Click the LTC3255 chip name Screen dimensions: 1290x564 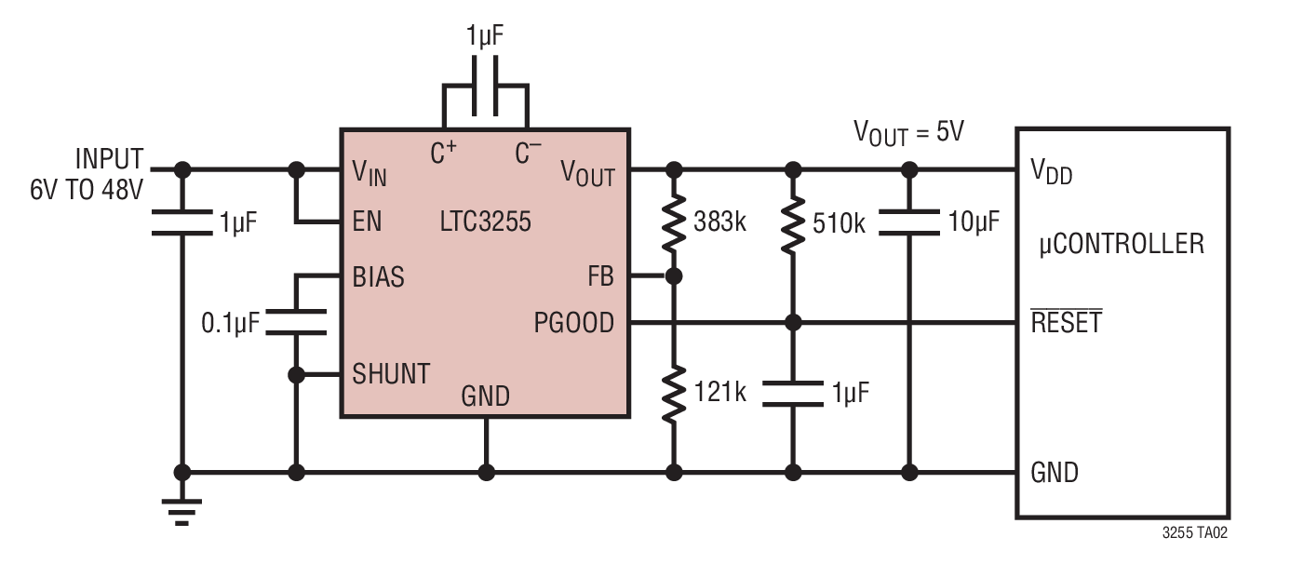click(485, 222)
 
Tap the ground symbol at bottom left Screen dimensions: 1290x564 click(182, 512)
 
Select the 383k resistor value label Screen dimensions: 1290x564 click(719, 222)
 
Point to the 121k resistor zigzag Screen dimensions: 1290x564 click(674, 394)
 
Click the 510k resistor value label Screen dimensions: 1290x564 click(839, 224)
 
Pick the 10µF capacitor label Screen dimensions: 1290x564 click(974, 222)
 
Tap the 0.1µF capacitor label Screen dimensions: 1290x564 click(231, 324)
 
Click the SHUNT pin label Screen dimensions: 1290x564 click(391, 374)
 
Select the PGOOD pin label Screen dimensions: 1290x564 click(573, 323)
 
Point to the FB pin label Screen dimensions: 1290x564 click(600, 276)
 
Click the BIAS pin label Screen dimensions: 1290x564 click(379, 277)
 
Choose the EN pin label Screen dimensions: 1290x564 click(367, 222)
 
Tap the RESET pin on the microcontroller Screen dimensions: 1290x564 click(1066, 321)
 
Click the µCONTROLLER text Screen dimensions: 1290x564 click(1122, 244)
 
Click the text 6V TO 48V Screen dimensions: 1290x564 click(87, 190)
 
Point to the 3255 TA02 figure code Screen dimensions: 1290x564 click(1194, 533)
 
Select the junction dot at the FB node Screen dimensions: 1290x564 click(674, 276)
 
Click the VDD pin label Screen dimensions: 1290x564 click(1051, 171)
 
